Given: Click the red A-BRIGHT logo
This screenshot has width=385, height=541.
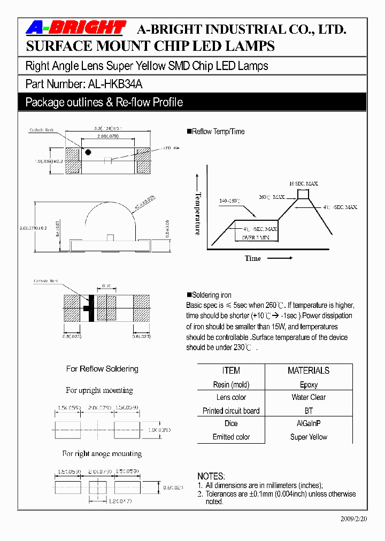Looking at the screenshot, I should point(76,28).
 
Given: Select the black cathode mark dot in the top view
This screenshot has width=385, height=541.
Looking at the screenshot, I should point(88,152).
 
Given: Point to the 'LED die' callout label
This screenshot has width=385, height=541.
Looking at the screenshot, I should point(171,148).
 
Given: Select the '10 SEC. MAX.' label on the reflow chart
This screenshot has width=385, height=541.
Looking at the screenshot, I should point(303,183).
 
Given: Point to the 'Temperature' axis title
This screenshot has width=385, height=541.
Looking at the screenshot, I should point(198,213).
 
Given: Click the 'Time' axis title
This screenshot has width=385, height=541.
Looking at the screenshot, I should point(253,258).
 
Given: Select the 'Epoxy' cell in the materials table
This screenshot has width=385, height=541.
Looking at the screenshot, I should point(309,384).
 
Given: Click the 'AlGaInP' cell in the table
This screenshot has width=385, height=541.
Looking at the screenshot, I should point(309,423).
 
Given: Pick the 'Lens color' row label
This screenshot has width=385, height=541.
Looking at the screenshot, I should point(231,397).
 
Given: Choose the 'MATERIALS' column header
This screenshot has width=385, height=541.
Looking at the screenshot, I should point(309,370).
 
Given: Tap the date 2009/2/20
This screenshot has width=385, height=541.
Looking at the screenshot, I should point(354,519).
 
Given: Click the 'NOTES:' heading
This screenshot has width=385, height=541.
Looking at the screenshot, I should point(211,476).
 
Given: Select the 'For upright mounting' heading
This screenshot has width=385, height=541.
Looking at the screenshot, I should point(99,390).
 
